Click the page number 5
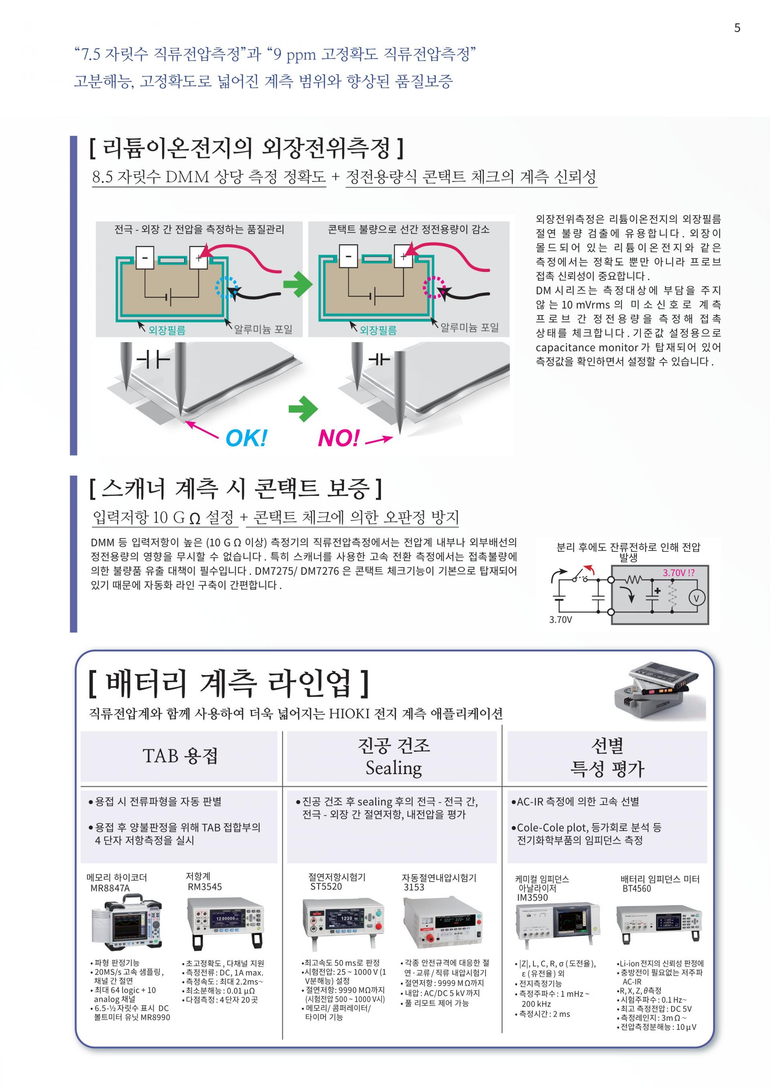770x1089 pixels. click(x=737, y=28)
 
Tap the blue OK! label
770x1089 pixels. click(x=246, y=438)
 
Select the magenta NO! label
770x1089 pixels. click(x=338, y=438)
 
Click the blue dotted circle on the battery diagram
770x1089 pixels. click(x=227, y=286)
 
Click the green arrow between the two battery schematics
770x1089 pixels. click(x=298, y=284)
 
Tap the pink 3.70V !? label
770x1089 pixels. click(x=679, y=572)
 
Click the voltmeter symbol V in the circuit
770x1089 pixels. click(x=697, y=598)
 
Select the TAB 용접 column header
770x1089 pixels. click(x=180, y=756)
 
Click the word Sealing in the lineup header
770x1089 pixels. click(x=393, y=768)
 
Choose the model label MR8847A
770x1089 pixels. click(x=109, y=888)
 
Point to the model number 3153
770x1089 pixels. click(x=413, y=887)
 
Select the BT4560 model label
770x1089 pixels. click(x=636, y=888)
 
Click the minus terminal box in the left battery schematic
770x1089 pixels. click(x=145, y=258)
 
